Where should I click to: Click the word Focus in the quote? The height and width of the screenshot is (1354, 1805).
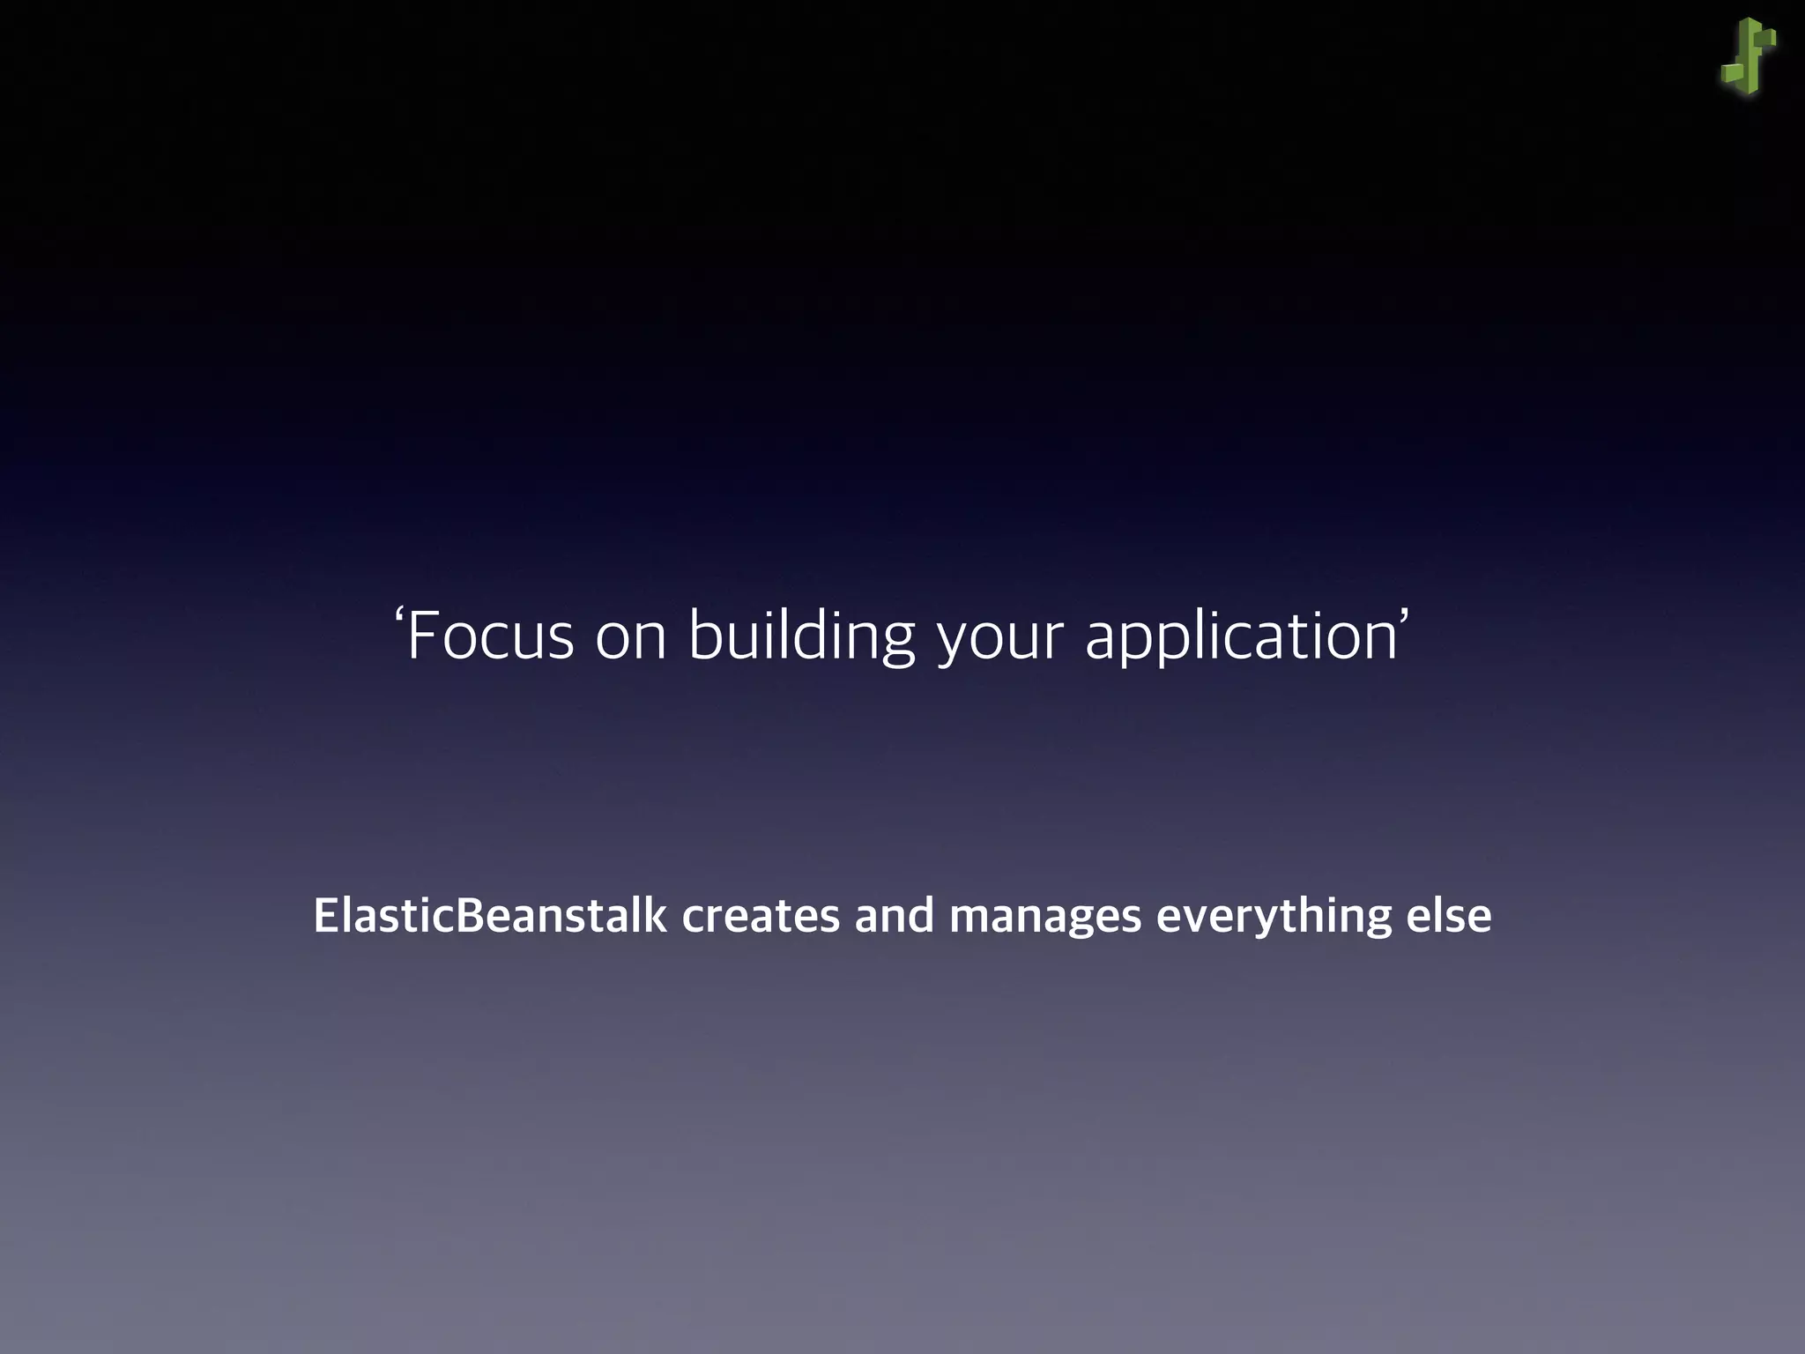(x=490, y=636)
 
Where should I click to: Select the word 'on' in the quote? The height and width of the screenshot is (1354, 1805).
(x=631, y=637)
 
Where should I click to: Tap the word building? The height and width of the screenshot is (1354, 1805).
(x=801, y=636)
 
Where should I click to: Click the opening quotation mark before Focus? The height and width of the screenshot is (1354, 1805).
(x=398, y=616)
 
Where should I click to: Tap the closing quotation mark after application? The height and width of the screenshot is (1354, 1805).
(x=1404, y=616)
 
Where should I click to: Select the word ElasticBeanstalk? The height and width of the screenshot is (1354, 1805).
(x=490, y=916)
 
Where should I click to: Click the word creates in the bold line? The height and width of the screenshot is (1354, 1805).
(x=761, y=916)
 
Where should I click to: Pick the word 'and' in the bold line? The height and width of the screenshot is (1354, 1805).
(x=894, y=916)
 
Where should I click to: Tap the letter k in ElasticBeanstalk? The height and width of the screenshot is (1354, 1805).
(x=656, y=916)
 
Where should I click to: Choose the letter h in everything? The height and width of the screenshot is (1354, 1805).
(x=1327, y=916)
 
